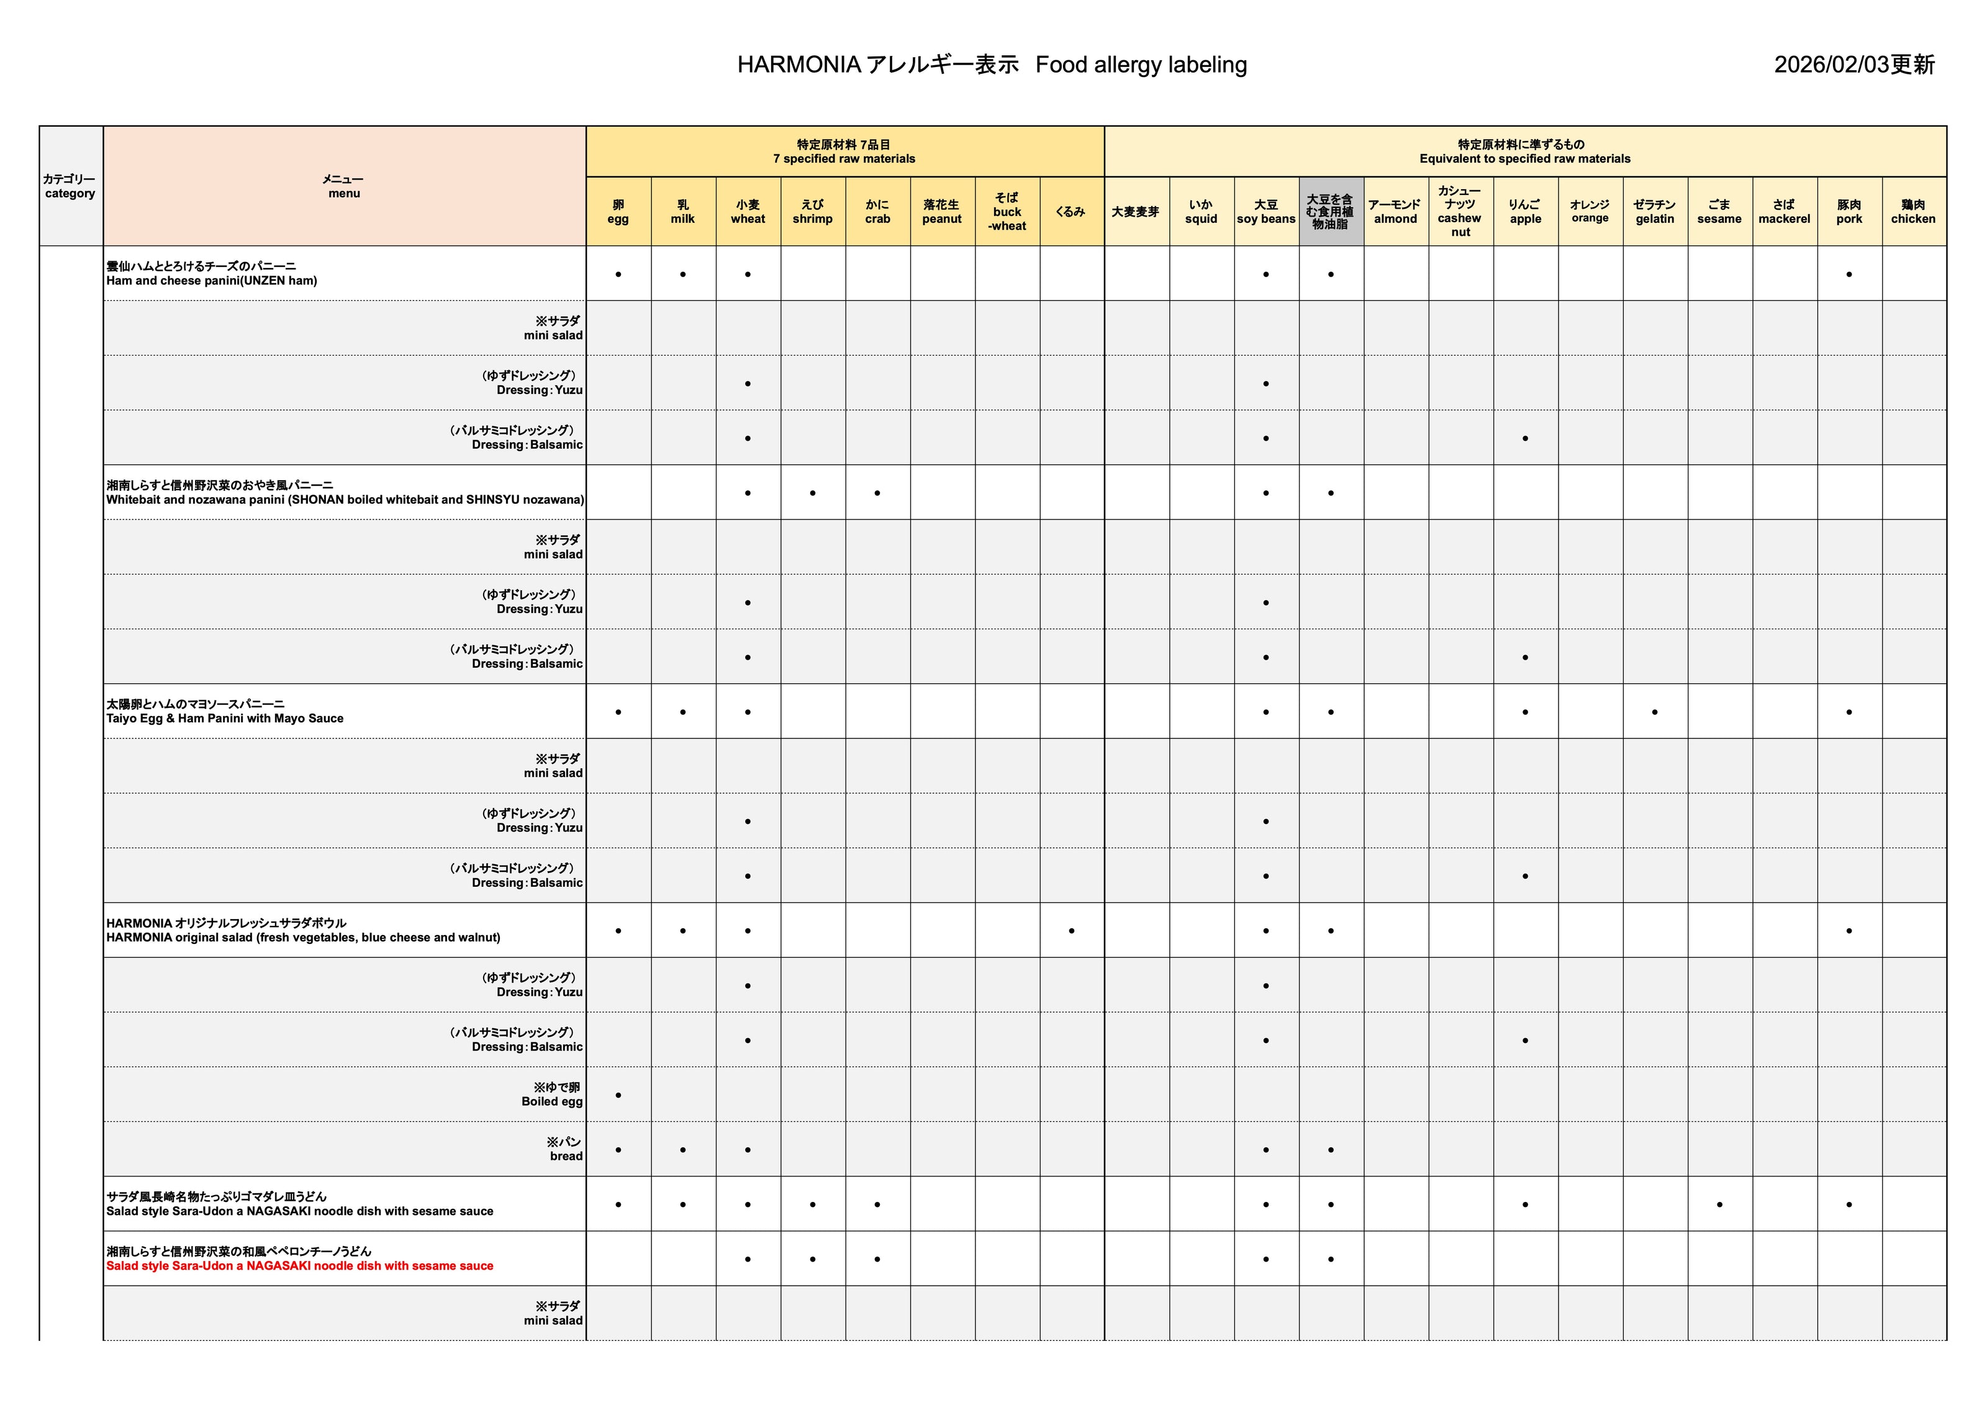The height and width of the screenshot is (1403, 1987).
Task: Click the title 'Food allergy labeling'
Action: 1141,65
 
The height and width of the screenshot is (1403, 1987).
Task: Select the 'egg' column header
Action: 618,212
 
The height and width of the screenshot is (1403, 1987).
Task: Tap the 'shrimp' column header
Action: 813,212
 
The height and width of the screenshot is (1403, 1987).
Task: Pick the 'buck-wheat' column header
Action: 1007,212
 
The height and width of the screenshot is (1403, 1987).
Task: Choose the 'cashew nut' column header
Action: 1460,212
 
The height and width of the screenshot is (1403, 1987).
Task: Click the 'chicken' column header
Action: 1914,212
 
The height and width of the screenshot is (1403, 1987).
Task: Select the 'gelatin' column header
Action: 1655,212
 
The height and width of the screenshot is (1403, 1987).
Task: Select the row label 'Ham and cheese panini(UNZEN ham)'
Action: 212,280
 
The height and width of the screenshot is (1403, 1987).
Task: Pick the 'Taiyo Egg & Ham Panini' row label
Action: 225,718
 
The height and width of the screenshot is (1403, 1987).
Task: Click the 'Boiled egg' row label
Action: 552,1101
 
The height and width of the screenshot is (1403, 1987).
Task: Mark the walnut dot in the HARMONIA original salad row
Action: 1071,931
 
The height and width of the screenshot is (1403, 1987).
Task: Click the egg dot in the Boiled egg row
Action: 618,1096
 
